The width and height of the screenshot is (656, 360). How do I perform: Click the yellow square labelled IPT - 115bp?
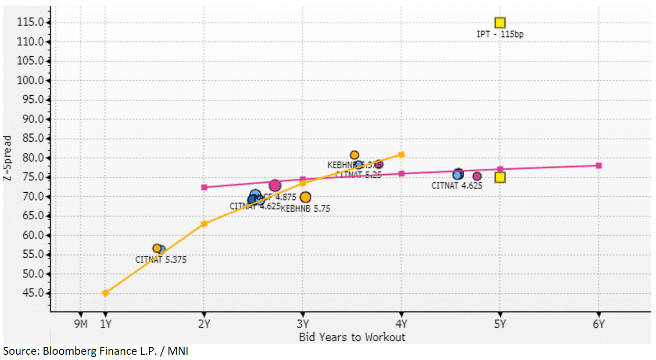[500, 23]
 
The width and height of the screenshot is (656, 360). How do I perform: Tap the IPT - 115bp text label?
[500, 34]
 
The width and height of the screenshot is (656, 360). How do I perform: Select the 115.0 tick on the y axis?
[30, 22]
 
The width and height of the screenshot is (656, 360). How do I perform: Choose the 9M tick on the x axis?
[81, 324]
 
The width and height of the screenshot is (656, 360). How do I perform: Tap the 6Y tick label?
[599, 324]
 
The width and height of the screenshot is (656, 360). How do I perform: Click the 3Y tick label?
[303, 324]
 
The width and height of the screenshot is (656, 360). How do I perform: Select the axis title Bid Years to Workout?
[352, 337]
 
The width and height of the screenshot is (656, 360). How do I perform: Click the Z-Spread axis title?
[7, 158]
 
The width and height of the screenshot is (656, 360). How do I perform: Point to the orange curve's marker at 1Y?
[105, 293]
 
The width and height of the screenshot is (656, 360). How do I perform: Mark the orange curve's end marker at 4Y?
[401, 155]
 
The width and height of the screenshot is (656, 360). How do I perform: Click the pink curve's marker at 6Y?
[599, 166]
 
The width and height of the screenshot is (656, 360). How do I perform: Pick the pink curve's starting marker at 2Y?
[204, 187]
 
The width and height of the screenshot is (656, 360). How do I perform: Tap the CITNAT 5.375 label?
[161, 260]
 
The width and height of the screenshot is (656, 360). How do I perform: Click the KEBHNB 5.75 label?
[305, 209]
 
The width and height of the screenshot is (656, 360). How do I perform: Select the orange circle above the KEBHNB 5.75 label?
[305, 198]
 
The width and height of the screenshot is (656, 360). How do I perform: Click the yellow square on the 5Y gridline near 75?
[500, 177]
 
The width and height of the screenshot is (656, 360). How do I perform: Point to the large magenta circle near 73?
[275, 186]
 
